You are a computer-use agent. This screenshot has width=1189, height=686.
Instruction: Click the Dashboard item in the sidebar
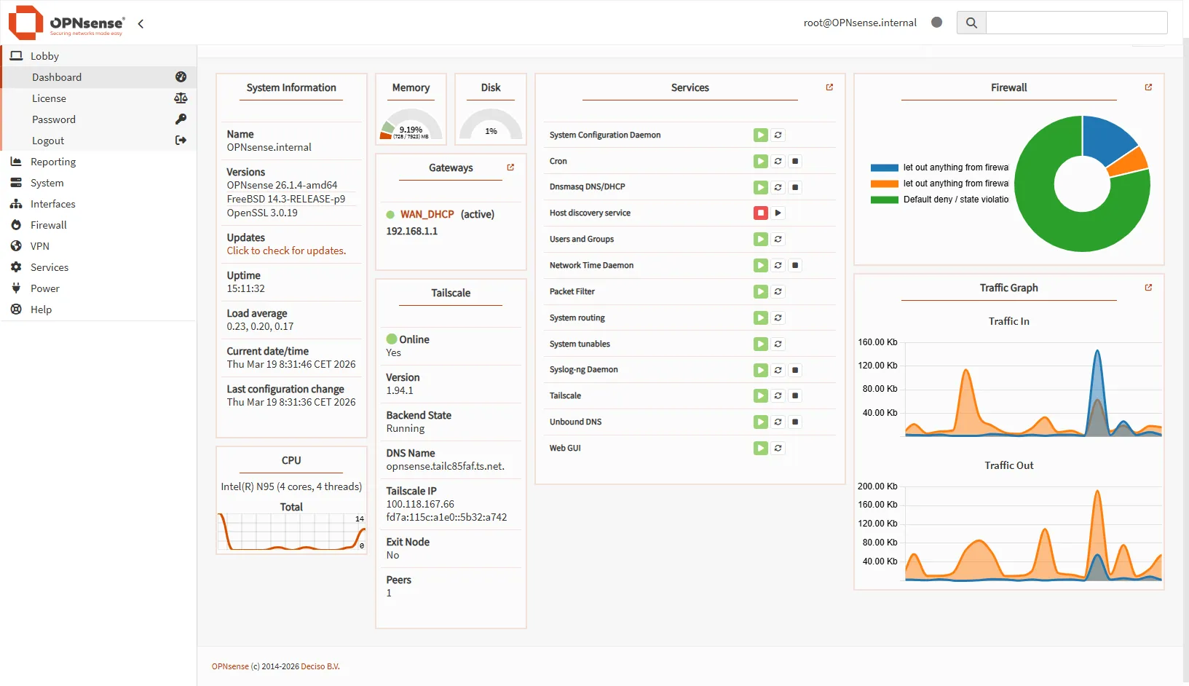click(x=57, y=77)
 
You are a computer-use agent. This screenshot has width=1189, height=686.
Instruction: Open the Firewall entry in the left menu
click(x=48, y=225)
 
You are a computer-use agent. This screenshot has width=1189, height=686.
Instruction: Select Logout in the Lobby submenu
click(x=48, y=141)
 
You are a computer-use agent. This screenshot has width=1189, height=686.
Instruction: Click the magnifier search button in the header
click(x=971, y=23)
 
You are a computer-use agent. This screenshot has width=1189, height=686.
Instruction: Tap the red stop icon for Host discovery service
click(x=760, y=213)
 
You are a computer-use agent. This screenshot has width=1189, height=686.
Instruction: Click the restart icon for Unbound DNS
click(x=778, y=422)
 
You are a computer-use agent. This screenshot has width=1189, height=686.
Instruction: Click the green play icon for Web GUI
click(x=760, y=448)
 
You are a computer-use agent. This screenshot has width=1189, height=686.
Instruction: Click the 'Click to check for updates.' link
click(x=286, y=251)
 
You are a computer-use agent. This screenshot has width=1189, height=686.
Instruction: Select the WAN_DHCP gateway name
click(x=427, y=214)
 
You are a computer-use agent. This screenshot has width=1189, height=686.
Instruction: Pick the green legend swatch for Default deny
click(x=884, y=200)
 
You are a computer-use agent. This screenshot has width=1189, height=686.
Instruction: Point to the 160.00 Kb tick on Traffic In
click(x=877, y=342)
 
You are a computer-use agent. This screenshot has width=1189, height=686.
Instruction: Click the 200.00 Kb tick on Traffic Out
click(x=877, y=486)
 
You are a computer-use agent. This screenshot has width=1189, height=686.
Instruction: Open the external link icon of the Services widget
click(x=829, y=87)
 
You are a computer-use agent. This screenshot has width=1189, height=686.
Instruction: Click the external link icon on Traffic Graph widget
click(x=1148, y=288)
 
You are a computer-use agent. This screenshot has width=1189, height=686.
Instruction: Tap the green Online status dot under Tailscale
click(x=392, y=339)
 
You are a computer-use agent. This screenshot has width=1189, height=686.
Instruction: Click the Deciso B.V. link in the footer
click(x=320, y=666)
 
